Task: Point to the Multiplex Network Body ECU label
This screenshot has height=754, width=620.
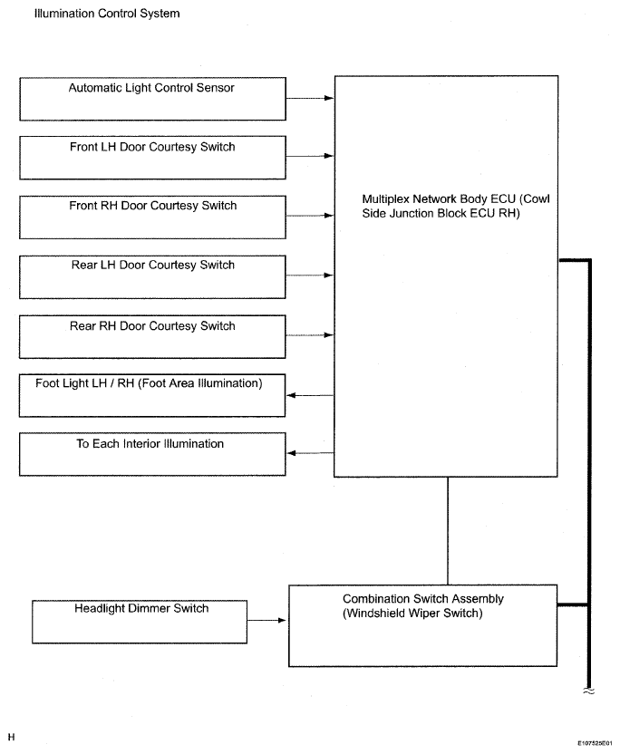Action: (x=456, y=207)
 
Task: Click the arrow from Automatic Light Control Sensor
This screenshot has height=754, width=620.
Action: (x=310, y=98)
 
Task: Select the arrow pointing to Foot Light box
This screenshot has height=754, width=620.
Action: (x=310, y=395)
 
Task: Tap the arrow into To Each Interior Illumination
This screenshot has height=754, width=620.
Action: (x=310, y=453)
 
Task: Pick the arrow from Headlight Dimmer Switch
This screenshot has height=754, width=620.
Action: (x=267, y=620)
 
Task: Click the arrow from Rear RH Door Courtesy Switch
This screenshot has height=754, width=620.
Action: (x=310, y=335)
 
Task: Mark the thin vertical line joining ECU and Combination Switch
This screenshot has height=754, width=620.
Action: (x=448, y=531)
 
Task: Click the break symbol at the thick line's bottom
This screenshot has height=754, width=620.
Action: (x=589, y=691)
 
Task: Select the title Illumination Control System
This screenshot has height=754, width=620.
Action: (x=107, y=14)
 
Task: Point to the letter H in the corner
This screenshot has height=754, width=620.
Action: (x=11, y=737)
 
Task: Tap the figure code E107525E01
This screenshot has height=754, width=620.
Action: (x=595, y=743)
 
